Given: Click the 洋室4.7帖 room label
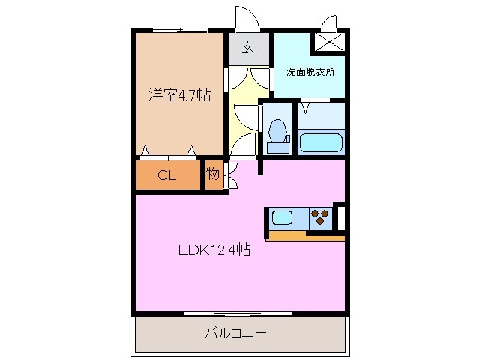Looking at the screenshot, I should click(x=178, y=95).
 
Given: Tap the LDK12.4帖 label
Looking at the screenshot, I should click(x=214, y=251).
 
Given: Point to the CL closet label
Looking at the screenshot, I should click(x=166, y=176).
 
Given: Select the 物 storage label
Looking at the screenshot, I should click(x=213, y=175).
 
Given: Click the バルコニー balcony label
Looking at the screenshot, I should click(x=236, y=332).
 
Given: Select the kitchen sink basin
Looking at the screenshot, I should click(x=283, y=218).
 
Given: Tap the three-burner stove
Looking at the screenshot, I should click(x=320, y=218).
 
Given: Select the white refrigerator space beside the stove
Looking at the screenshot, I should click(x=340, y=218).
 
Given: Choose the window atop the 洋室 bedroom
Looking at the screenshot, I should click(x=179, y=30).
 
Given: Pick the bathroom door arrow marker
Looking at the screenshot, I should click(x=305, y=107).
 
